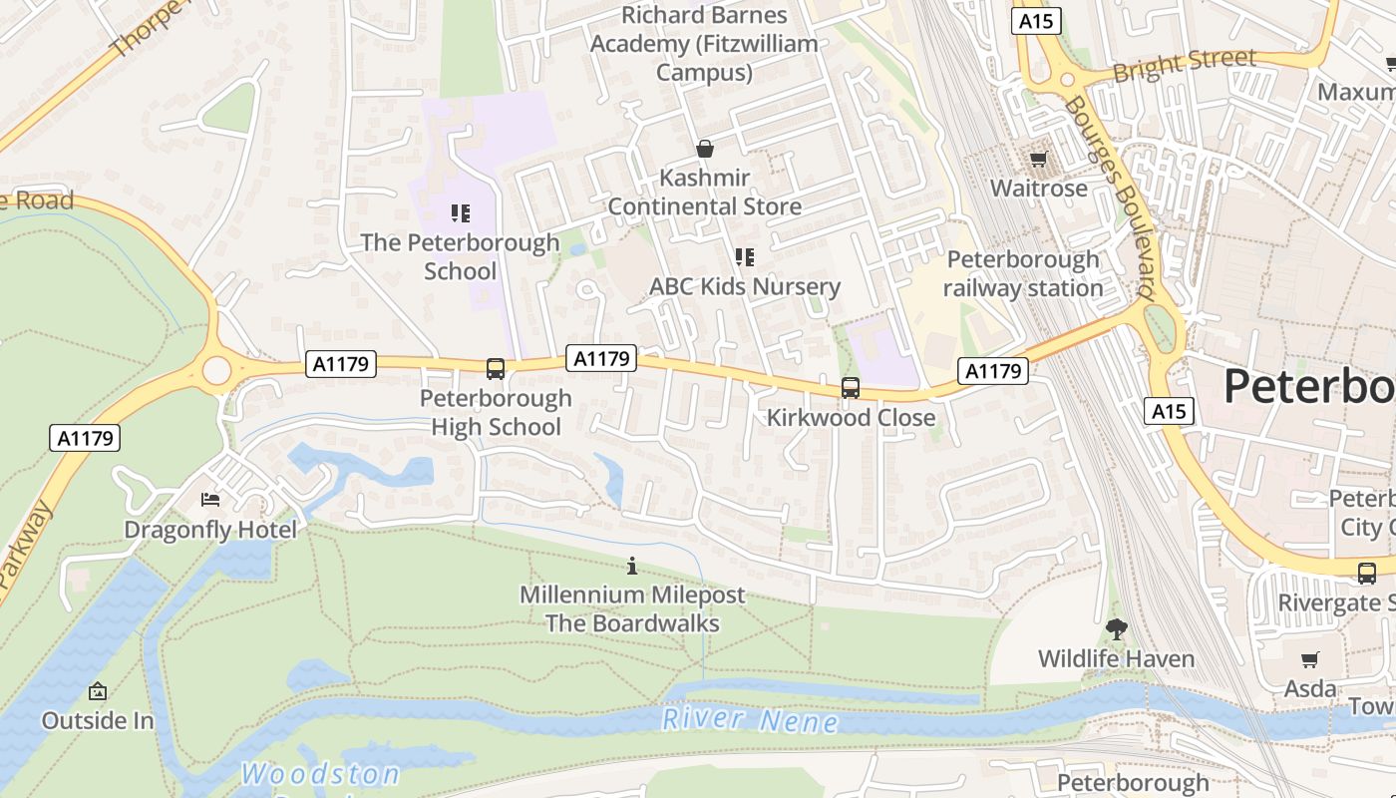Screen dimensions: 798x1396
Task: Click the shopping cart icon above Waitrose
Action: point(1038,160)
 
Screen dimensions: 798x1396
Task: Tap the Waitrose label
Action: point(1038,189)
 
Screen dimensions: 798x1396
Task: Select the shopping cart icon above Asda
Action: point(1309,659)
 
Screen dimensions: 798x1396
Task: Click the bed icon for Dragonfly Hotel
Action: point(210,500)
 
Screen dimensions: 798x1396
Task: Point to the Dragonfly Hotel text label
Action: point(210,530)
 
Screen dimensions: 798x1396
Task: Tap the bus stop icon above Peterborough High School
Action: point(496,369)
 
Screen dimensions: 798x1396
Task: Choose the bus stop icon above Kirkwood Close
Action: point(851,388)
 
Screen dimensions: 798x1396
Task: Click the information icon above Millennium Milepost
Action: point(631,567)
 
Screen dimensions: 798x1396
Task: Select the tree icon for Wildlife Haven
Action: point(1116,629)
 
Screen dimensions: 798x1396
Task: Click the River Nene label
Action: point(750,720)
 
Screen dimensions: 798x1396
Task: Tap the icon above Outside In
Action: point(98,691)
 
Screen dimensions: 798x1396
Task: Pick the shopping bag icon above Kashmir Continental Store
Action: point(705,150)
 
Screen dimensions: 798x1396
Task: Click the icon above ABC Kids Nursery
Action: point(745,257)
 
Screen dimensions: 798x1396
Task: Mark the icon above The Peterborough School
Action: point(460,212)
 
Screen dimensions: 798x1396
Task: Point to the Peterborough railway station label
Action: point(1022,273)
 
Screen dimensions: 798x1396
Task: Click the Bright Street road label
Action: point(1184,66)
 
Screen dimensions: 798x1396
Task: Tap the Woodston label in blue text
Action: point(320,774)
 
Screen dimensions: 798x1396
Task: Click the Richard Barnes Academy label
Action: point(704,44)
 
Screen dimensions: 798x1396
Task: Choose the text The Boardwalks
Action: point(631,623)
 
